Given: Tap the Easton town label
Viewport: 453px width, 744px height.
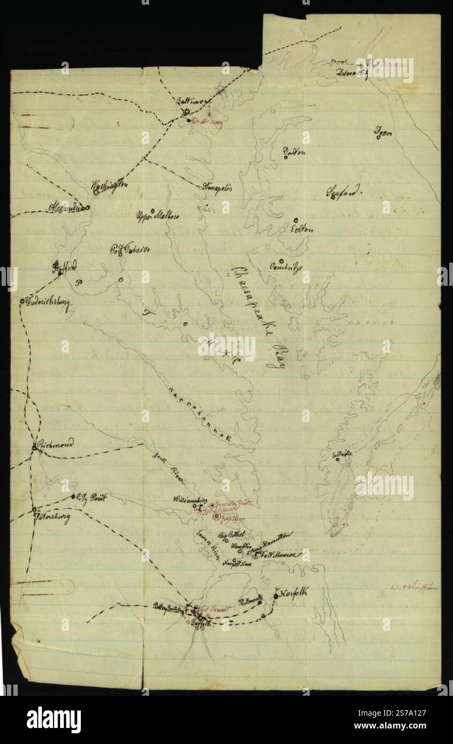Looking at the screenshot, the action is (x=302, y=229).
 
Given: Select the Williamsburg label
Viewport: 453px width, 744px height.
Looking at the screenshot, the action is (x=190, y=499).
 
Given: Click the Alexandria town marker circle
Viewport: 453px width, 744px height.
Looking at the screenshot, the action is (x=88, y=208).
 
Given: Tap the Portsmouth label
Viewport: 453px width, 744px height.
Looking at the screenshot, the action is (x=250, y=601).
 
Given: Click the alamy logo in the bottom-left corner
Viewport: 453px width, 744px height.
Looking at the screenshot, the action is (x=54, y=719).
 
